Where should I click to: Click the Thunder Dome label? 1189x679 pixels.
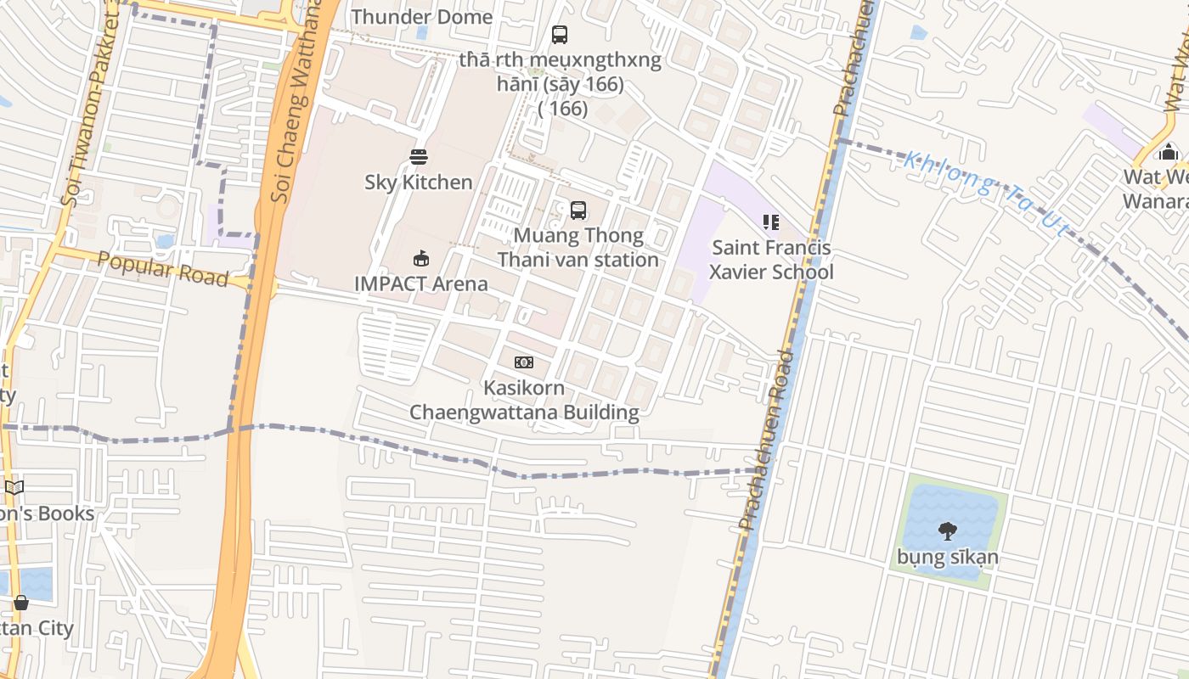[421, 17]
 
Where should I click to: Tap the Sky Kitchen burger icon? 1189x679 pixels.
[418, 157]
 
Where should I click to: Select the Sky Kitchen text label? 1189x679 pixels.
[418, 182]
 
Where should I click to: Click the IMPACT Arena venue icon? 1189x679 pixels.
[420, 258]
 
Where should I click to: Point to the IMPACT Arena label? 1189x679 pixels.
[420, 283]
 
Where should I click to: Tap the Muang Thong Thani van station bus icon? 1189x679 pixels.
[578, 210]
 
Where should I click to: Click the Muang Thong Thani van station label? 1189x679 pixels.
[578, 247]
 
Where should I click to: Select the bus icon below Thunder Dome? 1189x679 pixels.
[559, 35]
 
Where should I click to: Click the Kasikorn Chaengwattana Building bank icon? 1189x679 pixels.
[524, 362]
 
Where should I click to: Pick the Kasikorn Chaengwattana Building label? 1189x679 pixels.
[524, 400]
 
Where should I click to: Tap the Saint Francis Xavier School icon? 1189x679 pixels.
[771, 222]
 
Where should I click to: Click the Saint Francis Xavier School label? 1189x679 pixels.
[771, 260]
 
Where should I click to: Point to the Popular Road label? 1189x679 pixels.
[163, 269]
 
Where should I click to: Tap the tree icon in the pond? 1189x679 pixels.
[948, 531]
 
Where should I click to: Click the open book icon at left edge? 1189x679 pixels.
[14, 487]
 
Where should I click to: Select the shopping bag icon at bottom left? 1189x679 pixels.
[21, 603]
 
